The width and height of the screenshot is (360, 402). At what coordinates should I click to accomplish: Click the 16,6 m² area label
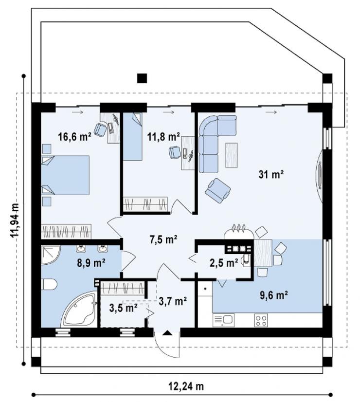[x=74, y=137]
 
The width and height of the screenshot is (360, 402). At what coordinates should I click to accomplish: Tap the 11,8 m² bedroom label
[x=164, y=137]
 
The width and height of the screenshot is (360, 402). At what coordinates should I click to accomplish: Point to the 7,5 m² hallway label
[x=163, y=239]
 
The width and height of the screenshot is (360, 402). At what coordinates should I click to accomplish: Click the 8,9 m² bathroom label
[x=91, y=263]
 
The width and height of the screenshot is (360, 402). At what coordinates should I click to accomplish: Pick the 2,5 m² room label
[x=224, y=263]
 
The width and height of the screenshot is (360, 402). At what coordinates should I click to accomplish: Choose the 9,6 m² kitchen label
[x=273, y=295]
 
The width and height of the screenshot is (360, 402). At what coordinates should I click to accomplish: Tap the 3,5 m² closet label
[x=123, y=308]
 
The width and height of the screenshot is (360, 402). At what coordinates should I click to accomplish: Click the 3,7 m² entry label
[x=173, y=301]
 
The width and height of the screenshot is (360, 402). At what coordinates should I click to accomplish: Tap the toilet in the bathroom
[x=49, y=285]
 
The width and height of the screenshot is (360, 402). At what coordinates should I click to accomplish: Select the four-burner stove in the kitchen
[x=261, y=320]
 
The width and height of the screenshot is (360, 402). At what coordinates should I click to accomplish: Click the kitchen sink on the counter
[x=223, y=320]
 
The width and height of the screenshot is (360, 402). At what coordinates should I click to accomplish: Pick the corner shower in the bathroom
[x=51, y=256]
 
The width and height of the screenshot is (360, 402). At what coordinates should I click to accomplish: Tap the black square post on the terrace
[x=142, y=78]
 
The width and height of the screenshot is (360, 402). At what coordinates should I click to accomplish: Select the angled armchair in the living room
[x=217, y=190]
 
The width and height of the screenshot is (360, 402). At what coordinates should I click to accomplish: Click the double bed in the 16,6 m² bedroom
[x=65, y=175]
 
